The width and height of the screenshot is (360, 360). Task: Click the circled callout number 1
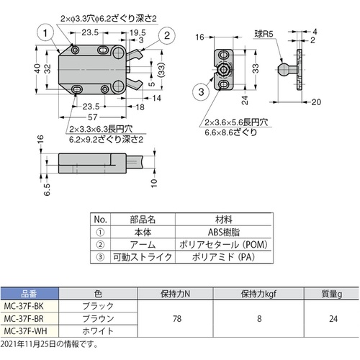click(45, 33)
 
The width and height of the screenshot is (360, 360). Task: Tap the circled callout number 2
click(167, 35)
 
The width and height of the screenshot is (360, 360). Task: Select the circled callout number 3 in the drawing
click(201, 91)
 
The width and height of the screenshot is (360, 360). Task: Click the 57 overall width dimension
click(92, 117)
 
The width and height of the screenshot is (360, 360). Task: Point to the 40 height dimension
click(37, 69)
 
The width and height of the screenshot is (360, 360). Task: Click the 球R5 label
click(264, 35)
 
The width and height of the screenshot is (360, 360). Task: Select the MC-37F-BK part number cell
click(24, 306)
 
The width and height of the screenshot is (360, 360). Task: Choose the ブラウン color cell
click(98, 319)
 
